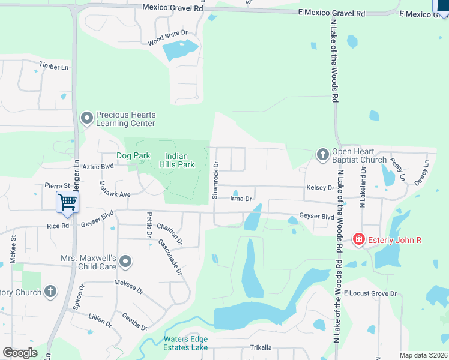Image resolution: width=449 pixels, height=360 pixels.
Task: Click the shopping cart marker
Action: coord(68,202)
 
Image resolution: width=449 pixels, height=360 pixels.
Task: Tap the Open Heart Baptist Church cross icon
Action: coord(322,155)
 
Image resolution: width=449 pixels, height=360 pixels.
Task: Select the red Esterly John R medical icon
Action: coord(359,240)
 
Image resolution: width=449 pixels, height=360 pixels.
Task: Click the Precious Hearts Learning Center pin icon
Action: coord(88,119)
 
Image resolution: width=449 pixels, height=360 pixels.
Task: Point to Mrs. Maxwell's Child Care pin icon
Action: coord(125,261)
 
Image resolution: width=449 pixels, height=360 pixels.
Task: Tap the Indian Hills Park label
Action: coord(178,160)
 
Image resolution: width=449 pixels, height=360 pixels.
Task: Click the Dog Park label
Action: coord(133,155)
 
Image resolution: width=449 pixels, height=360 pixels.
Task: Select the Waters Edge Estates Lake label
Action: coord(186,343)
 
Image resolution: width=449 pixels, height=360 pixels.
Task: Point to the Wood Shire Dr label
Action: coord(168,37)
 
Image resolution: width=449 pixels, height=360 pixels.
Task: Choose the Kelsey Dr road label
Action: coord(320,188)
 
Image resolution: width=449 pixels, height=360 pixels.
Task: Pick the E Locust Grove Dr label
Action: coord(370,293)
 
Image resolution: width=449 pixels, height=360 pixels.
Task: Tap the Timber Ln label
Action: coord(54,66)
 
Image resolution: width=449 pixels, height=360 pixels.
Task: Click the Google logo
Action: coord(20,352)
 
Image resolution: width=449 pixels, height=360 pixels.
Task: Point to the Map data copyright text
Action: coord(423,355)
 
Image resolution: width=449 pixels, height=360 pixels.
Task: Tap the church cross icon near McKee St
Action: coord(50,292)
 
